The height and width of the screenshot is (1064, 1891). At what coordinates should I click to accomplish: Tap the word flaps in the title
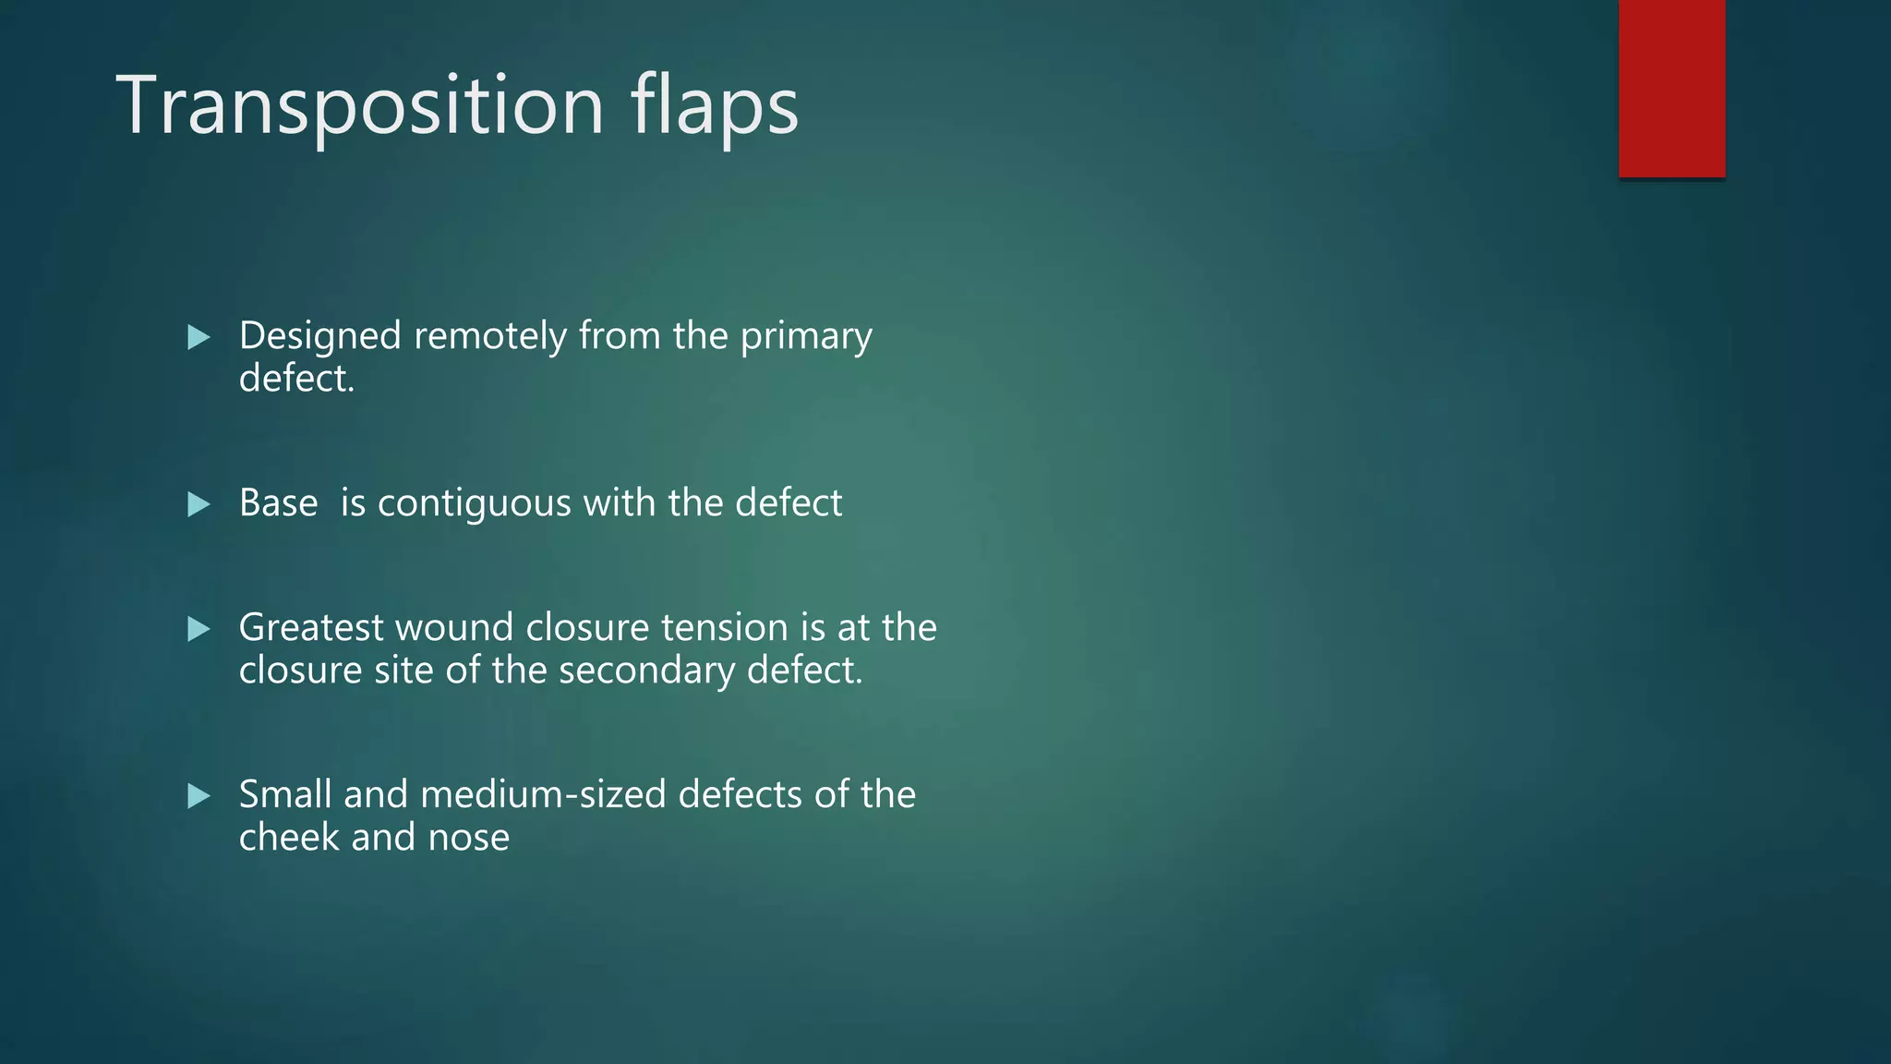715,106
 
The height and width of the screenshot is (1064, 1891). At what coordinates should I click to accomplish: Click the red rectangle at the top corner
1671,88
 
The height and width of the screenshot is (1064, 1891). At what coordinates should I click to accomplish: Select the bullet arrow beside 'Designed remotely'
199,337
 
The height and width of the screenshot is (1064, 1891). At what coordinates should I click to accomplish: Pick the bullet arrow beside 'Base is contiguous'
199,504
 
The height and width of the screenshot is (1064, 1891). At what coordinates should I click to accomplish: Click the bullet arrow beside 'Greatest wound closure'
199,629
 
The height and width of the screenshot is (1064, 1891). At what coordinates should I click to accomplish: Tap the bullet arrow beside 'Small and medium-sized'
199,796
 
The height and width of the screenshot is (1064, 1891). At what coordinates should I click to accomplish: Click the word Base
278,503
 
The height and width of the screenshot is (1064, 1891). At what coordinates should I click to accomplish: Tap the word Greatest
311,628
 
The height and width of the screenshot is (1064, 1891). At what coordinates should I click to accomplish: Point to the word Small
284,794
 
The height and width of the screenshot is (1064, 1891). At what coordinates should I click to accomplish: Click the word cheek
289,838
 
